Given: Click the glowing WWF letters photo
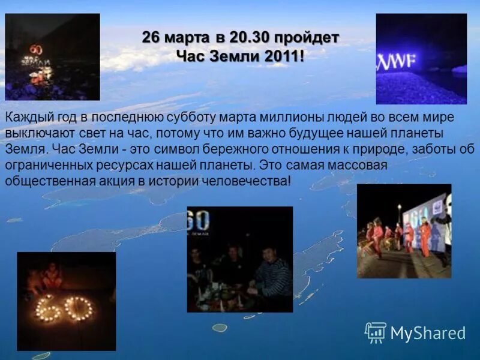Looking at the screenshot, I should (x=421, y=59).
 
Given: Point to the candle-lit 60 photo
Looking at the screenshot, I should (x=66, y=301).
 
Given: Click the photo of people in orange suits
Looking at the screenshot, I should (x=404, y=231).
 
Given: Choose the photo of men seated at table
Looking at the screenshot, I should (x=240, y=259).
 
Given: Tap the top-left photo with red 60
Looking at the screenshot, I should (x=52, y=57).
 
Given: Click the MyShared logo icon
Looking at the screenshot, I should (x=376, y=332).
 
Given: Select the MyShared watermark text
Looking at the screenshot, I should (x=428, y=333).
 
